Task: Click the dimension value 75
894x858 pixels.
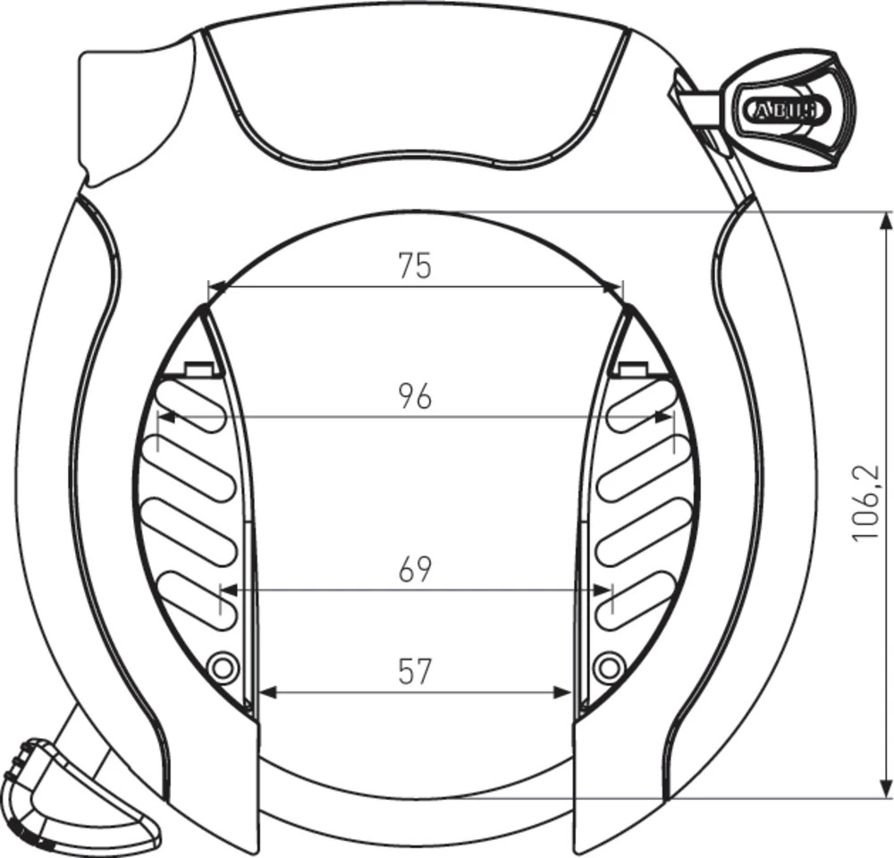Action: [x=415, y=266]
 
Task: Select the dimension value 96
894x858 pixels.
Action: [x=415, y=396]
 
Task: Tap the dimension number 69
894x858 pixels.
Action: [x=415, y=569]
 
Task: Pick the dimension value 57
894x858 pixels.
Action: [x=414, y=671]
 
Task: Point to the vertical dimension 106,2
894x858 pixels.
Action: [x=865, y=503]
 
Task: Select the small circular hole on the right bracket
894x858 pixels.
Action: [x=609, y=666]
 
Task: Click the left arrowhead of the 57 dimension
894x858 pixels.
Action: [x=266, y=692]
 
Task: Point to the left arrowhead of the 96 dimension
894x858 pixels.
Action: [x=166, y=416]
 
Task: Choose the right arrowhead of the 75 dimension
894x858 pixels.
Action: [x=614, y=287]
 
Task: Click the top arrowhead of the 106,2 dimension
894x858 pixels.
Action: [x=885, y=220]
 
